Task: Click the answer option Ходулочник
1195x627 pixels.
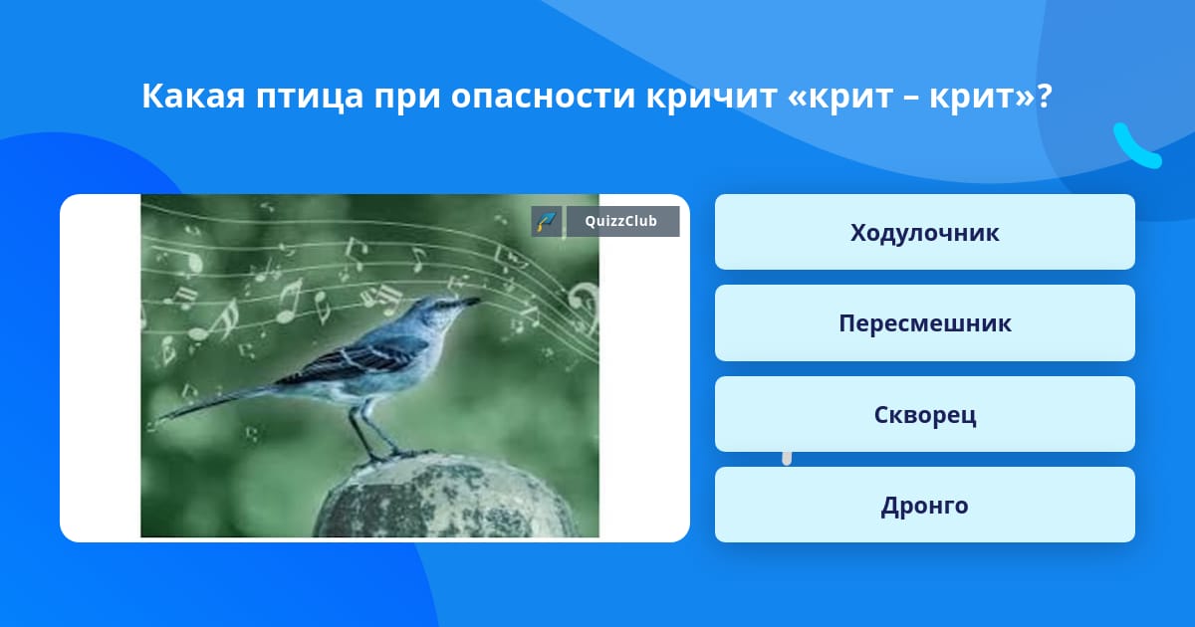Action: pyautogui.click(x=924, y=232)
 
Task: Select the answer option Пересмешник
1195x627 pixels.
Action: pyautogui.click(x=924, y=323)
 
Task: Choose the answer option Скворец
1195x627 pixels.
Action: pyautogui.click(x=924, y=414)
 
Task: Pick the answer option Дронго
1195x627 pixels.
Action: pyautogui.click(x=924, y=505)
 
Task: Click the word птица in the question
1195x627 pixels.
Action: pyautogui.click(x=310, y=98)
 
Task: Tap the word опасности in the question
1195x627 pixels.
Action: pyautogui.click(x=543, y=96)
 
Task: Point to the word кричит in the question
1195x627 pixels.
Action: pyautogui.click(x=712, y=98)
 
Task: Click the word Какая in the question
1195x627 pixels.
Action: pyautogui.click(x=193, y=96)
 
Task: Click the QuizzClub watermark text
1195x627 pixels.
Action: pyautogui.click(x=621, y=221)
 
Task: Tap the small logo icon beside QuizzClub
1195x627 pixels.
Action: pyautogui.click(x=546, y=221)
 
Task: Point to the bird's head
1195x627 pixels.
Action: pyautogui.click(x=437, y=312)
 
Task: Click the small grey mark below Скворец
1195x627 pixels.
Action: pyautogui.click(x=787, y=459)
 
